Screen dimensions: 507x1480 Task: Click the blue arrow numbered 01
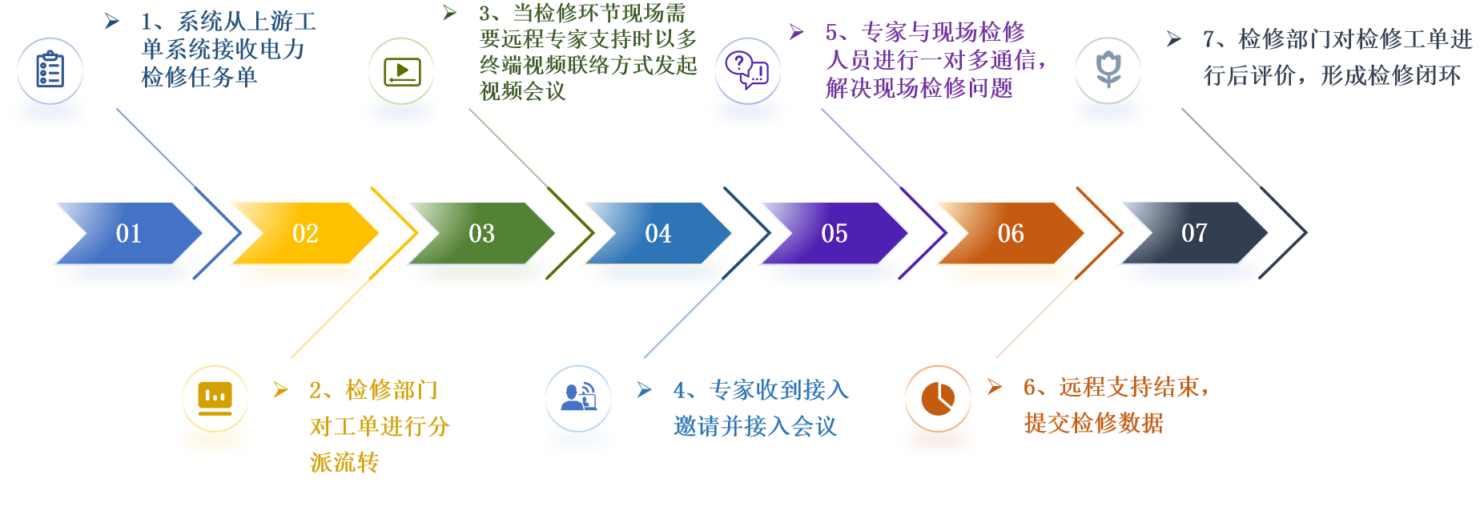[128, 233]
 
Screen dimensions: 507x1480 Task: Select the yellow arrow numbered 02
[305, 233]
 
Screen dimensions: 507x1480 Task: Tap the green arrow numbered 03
[481, 233]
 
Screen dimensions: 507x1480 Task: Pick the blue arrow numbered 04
[658, 233]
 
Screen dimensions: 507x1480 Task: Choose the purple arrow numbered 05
[834, 233]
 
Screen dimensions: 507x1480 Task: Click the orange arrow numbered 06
[1010, 233]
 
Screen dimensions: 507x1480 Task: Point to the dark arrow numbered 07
[1193, 233]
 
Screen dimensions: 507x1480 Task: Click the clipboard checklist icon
[50, 70]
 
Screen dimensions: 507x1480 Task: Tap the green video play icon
[401, 70]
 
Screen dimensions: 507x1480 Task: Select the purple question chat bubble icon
[747, 70]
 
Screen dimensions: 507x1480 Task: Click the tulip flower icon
[1108, 70]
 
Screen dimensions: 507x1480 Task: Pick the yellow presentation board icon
[215, 398]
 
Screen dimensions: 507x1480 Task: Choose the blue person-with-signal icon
[578, 398]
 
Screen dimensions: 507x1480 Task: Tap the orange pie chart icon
[938, 398]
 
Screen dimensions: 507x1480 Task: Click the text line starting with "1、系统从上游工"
[228, 22]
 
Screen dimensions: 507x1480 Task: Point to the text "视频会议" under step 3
[522, 91]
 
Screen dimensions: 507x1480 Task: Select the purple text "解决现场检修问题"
[919, 88]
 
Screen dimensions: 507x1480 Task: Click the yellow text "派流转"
[344, 462]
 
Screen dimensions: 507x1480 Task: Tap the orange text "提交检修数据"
[1093, 423]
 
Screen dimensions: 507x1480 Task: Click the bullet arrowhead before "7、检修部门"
[1173, 38]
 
